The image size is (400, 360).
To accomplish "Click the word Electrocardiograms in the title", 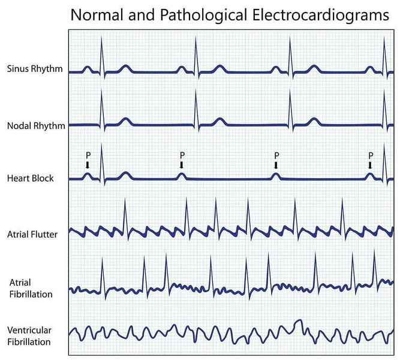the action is pos(321,15).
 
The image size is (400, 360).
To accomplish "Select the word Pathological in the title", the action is pos(203,16).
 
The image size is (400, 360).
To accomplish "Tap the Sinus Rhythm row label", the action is pos(35,69).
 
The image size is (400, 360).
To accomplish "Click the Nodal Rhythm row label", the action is pos(36,126).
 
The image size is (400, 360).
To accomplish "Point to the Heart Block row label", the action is pos(31,178).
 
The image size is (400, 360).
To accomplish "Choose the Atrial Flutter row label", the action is pos(32,235).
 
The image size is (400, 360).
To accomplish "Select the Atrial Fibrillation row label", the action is pos(31,288).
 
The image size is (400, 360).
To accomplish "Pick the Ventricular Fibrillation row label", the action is pos(29,336).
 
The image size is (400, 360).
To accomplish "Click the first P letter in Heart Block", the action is pos(88,155).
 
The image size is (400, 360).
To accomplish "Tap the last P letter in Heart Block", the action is pos(371,155).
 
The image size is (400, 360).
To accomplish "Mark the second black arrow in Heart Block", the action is pos(182,165).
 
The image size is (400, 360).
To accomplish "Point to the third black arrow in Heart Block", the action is pos(276,165).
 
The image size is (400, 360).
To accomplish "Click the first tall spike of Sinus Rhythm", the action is pos(101,56).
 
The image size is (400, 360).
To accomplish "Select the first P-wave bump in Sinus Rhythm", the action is pos(87,70).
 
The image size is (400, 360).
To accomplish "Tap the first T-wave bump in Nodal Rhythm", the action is pos(125,122).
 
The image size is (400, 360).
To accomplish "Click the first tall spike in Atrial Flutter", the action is pos(125,219).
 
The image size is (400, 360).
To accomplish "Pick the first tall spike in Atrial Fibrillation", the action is pos(103,278).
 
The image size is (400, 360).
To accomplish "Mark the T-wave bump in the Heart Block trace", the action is pos(125,176).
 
